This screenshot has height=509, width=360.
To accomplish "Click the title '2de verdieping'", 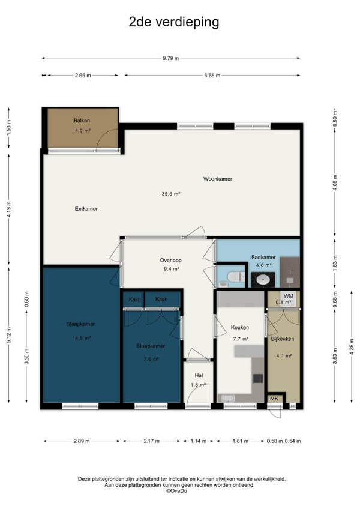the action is [174, 22].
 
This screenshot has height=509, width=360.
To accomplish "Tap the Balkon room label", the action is [82, 121].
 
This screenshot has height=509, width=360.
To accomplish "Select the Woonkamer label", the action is [218, 179].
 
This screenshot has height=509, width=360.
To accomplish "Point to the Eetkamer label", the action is [86, 209].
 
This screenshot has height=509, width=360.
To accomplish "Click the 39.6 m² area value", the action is [171, 194].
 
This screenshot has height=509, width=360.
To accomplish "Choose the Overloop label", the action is [171, 260].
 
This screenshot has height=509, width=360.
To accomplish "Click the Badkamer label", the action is [263, 257].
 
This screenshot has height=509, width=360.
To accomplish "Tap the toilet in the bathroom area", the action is [236, 277].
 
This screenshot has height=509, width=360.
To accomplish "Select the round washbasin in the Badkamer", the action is [263, 279].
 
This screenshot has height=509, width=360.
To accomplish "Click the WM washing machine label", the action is [289, 296].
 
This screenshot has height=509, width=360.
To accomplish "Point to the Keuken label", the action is [240, 327].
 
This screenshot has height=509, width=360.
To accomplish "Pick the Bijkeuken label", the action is [283, 339].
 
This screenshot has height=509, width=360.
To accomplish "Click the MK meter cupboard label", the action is [274, 399].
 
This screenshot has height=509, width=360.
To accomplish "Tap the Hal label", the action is [199, 375].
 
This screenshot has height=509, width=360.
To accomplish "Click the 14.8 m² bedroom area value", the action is [82, 338].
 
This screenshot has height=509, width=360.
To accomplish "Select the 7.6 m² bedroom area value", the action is [151, 360].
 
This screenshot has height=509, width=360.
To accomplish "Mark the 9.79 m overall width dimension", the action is [171, 58].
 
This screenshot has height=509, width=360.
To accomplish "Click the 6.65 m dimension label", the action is [212, 76].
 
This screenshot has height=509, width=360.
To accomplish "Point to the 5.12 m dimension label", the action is [9, 336].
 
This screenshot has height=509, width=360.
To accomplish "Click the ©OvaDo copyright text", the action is [176, 491].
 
